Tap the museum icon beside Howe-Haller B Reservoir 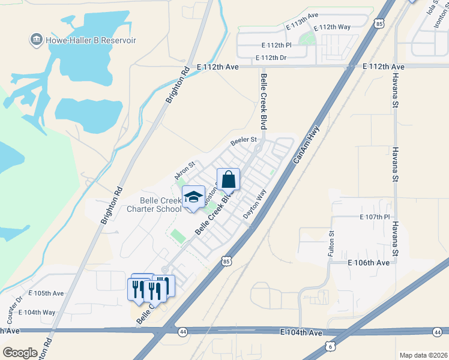click(x=35, y=40)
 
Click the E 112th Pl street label click(x=277, y=45)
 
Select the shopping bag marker click(x=229, y=179)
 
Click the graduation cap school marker click(x=193, y=198)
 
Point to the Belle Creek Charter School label click(x=160, y=205)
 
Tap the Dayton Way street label click(x=255, y=204)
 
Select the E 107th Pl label click(x=375, y=217)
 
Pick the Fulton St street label click(x=331, y=245)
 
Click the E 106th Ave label click(x=369, y=263)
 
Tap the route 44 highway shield click(x=182, y=331)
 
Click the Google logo click(x=20, y=353)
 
